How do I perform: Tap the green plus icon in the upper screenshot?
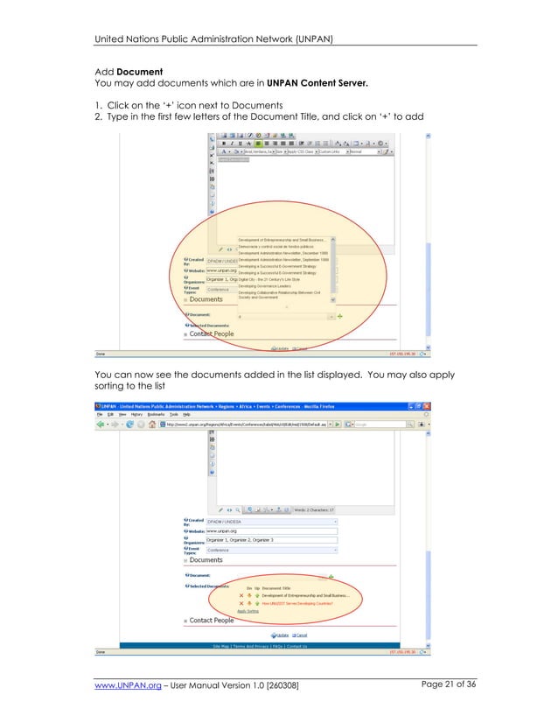[340, 314]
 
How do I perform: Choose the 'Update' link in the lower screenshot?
[281, 634]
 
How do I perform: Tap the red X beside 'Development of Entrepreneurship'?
[241, 595]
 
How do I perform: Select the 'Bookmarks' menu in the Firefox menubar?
[152, 415]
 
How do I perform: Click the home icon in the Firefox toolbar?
[152, 424]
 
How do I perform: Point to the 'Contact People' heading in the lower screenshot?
[212, 621]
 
